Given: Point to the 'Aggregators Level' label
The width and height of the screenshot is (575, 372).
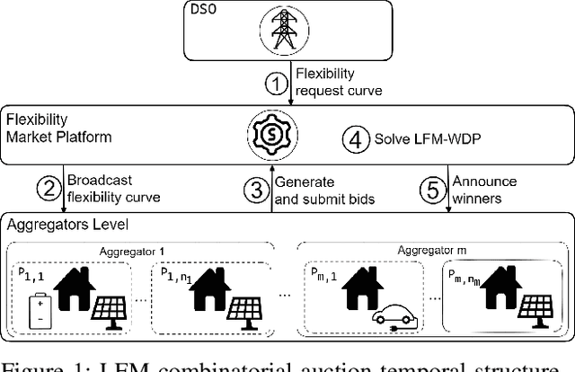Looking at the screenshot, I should point(53,221).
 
